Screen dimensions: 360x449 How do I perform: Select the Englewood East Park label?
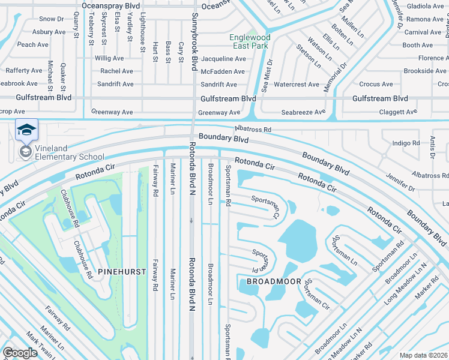[250, 41]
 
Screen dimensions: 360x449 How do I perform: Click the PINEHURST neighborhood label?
[124, 272]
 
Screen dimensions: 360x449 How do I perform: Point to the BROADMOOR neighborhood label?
[269, 281]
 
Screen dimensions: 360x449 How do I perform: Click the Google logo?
[20, 353]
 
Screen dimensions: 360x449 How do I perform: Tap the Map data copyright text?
[423, 355]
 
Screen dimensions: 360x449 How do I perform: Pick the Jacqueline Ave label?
[223, 59]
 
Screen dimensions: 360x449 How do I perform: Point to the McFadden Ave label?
[223, 71]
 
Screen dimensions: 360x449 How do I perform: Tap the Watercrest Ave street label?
[297, 85]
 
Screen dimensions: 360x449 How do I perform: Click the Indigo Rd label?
[406, 143]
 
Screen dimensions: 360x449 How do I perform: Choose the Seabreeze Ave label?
[304, 112]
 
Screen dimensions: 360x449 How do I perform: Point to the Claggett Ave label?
[397, 112]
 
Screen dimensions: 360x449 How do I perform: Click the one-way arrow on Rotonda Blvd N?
[191, 220]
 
